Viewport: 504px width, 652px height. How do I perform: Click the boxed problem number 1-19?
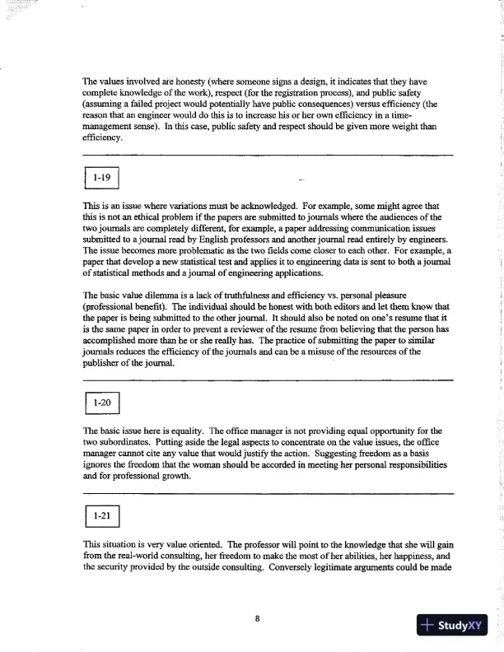[x=102, y=177]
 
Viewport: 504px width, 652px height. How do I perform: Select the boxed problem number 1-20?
[x=102, y=403]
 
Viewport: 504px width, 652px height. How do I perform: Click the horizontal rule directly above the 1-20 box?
[x=268, y=380]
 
